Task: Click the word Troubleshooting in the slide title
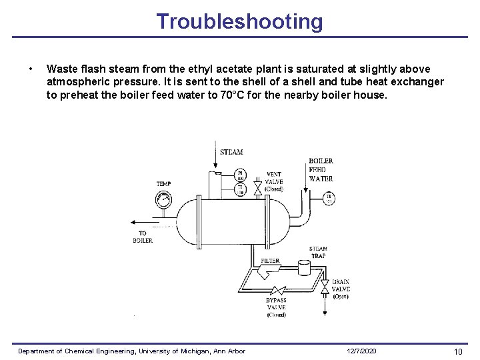point(239,21)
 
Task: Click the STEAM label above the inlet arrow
point(231,153)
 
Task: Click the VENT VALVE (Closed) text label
point(274,181)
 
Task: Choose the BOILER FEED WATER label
point(321,169)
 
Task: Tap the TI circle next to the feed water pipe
point(329,198)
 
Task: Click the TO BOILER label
point(143,237)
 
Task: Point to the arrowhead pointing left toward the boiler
point(135,225)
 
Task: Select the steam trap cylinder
point(305,268)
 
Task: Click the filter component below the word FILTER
point(270,272)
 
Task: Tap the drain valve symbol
point(325,287)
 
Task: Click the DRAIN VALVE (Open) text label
point(340,289)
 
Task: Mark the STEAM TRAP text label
point(318,253)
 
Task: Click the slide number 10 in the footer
point(458,351)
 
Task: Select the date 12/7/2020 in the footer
point(362,351)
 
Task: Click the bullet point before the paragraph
point(31,69)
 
